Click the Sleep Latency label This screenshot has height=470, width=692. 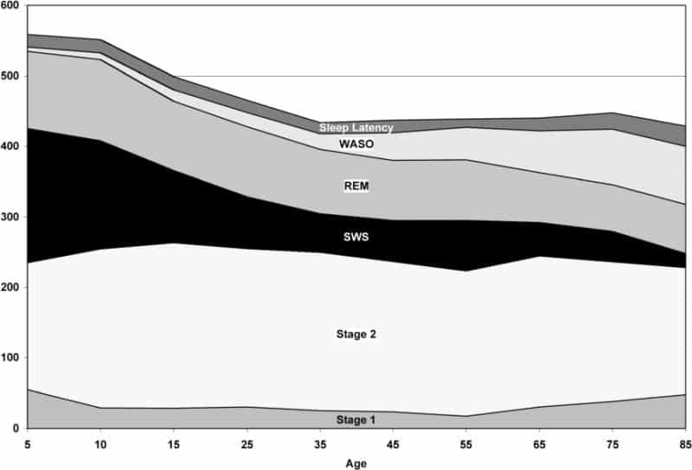[x=356, y=128]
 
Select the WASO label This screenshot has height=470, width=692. [x=356, y=144]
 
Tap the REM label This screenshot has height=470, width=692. [x=356, y=186]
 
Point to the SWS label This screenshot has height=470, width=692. [x=356, y=236]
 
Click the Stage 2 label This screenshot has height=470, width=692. [x=356, y=333]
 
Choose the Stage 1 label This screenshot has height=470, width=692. [x=356, y=420]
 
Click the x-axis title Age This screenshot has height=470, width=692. [x=356, y=462]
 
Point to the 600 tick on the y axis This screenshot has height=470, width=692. [x=10, y=6]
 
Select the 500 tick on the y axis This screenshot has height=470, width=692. [x=10, y=76]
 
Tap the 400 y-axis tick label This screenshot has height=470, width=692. [x=10, y=147]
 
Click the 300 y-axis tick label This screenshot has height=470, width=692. [x=10, y=217]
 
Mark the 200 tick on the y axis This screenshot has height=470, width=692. [x=10, y=288]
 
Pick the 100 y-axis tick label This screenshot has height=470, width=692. [x=10, y=358]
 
